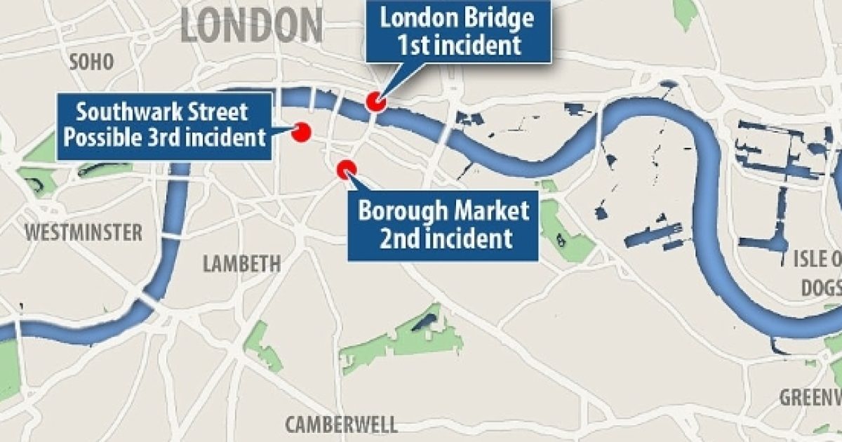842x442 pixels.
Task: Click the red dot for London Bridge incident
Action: pyautogui.click(x=377, y=102)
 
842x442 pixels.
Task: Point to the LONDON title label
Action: pyautogui.click(x=251, y=25)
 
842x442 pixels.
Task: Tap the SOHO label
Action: pyautogui.click(x=91, y=62)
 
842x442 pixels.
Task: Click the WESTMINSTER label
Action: pyautogui.click(x=83, y=232)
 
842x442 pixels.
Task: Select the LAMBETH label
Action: pyautogui.click(x=241, y=264)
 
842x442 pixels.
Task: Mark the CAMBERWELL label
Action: pyautogui.click(x=341, y=424)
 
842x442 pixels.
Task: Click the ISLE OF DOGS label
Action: pyautogui.click(x=818, y=272)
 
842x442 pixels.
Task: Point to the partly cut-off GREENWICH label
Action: pyautogui.click(x=811, y=397)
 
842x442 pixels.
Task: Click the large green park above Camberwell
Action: pyautogui.click(x=407, y=337)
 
